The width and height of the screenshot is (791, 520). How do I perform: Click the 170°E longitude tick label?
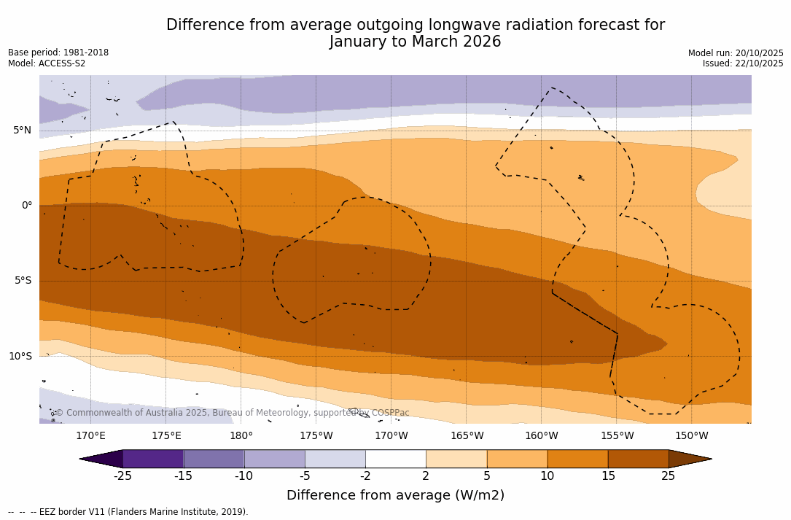point(90,436)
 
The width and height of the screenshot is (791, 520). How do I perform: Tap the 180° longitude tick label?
point(241,436)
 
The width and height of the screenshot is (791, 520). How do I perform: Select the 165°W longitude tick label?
point(467,436)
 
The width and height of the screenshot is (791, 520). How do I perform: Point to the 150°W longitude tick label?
point(692,436)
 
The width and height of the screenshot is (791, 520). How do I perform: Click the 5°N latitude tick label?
point(22,131)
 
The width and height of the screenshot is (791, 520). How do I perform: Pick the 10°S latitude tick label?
point(20,357)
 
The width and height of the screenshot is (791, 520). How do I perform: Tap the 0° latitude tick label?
point(27,206)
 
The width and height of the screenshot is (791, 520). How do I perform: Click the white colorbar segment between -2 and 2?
point(395,459)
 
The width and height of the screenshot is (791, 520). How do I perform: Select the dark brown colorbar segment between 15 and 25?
point(638,459)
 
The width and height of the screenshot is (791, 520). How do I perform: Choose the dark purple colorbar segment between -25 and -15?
point(153,459)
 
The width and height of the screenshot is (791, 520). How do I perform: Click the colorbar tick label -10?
point(243,476)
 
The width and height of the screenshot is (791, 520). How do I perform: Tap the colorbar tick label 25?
point(669,476)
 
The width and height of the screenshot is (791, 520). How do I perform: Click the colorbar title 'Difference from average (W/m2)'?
point(395,496)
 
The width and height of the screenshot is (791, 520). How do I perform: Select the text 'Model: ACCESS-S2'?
point(47,63)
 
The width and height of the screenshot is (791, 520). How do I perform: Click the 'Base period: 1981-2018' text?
point(58,53)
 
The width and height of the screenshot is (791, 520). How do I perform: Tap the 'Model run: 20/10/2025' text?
point(736,53)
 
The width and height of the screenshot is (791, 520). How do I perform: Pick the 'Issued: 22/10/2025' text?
point(743,63)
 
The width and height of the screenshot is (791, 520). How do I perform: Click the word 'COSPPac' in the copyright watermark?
point(390,414)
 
